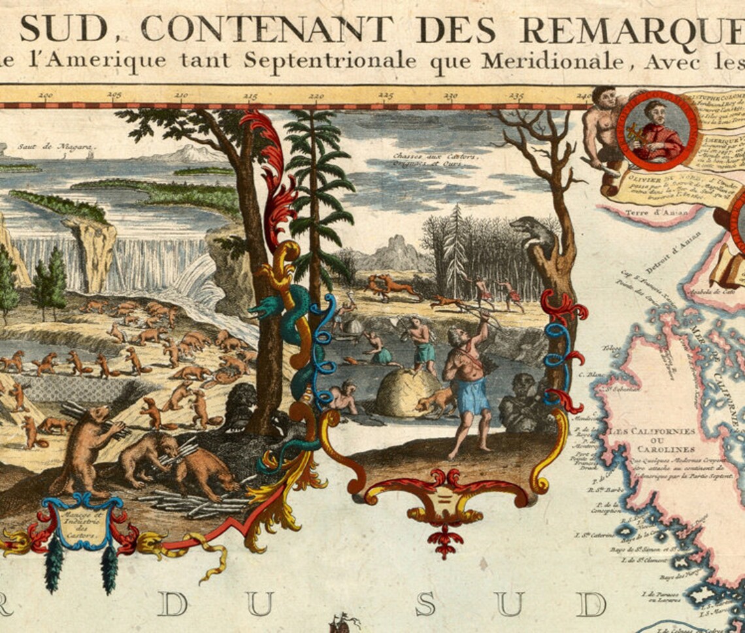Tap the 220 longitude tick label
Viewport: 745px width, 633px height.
(316, 96)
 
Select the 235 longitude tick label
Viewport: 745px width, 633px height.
(516, 96)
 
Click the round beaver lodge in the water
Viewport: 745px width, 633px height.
(400, 392)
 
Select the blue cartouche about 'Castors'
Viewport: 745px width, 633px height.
(82, 523)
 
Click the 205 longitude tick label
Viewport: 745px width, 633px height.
(114, 96)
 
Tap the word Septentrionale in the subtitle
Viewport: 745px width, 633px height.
(331, 60)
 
